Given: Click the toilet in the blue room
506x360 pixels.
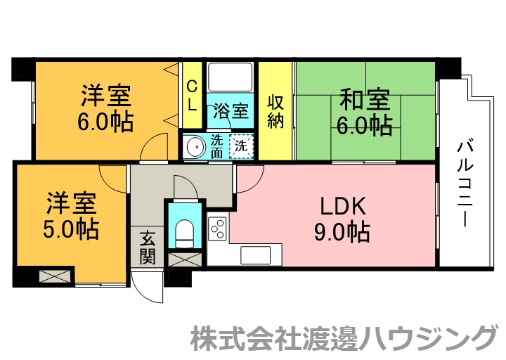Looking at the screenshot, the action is pyautogui.click(x=184, y=233).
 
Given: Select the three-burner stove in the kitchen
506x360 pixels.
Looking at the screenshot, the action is pyautogui.click(x=218, y=229).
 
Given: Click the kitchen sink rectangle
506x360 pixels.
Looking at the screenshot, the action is pyautogui.click(x=256, y=255).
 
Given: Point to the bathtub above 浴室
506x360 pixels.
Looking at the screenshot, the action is pyautogui.click(x=230, y=77).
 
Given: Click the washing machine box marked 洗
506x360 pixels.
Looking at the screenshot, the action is pyautogui.click(x=241, y=146).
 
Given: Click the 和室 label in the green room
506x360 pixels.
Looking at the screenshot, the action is pyautogui.click(x=365, y=100).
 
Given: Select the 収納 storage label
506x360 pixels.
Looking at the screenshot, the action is pyautogui.click(x=275, y=111).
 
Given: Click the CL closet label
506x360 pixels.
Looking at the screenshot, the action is pyautogui.click(x=192, y=96).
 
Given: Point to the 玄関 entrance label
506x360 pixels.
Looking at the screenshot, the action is pyautogui.click(x=147, y=247).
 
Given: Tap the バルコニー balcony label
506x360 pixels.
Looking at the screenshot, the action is pyautogui.click(x=465, y=182).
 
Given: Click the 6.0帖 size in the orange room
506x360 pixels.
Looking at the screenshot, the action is pyautogui.click(x=105, y=121).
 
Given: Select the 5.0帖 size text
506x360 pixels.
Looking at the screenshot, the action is pyautogui.click(x=71, y=229).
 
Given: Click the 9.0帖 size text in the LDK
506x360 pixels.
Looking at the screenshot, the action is pyautogui.click(x=342, y=232).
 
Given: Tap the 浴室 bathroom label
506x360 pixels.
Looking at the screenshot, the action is pyautogui.click(x=231, y=111).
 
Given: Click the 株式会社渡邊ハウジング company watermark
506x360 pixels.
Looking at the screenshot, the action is pyautogui.click(x=344, y=338).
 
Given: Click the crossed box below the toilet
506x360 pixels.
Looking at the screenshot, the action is pyautogui.click(x=186, y=260).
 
